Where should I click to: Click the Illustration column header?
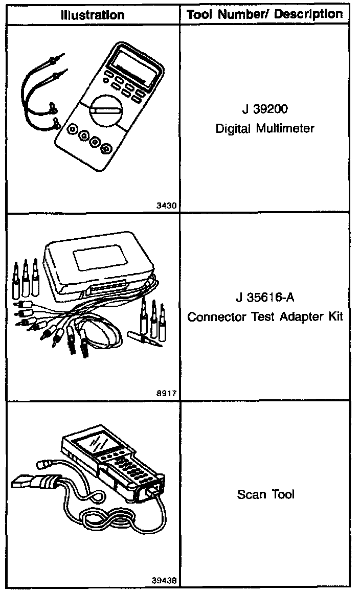[92, 15]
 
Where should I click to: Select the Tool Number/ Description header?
[265, 14]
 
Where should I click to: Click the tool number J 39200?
[265, 110]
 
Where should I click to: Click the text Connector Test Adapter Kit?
[265, 317]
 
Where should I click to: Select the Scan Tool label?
[265, 494]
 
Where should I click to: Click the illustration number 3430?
[167, 206]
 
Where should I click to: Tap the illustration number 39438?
[164, 581]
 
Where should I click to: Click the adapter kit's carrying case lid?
[97, 261]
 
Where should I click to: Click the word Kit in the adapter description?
[335, 317]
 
